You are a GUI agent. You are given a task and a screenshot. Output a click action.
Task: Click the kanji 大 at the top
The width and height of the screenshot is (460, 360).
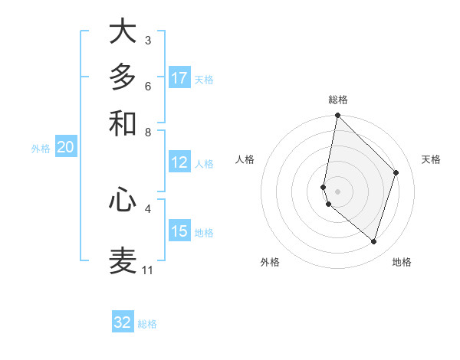pyautogui.click(x=123, y=32)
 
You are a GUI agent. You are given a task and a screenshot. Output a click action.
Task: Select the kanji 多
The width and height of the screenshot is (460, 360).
pyautogui.click(x=123, y=77)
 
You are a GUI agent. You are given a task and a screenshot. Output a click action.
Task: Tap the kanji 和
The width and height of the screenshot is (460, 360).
pyautogui.click(x=123, y=123)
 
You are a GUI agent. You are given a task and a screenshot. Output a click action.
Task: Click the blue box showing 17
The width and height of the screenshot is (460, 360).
pyautogui.click(x=179, y=78)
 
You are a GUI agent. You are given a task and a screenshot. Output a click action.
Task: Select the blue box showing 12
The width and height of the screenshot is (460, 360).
pyautogui.click(x=179, y=162)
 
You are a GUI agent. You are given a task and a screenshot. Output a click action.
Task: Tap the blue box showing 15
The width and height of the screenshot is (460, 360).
pyautogui.click(x=179, y=231)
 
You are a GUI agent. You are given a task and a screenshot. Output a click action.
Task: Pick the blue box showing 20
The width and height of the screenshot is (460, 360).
pyautogui.click(x=65, y=148)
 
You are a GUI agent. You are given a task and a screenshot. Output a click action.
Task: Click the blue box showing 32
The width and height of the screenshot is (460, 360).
pyautogui.click(x=123, y=322)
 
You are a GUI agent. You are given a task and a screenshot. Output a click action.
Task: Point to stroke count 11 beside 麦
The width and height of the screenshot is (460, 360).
pyautogui.click(x=147, y=270)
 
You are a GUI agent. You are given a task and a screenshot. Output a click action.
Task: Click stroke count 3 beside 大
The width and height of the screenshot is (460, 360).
pyautogui.click(x=147, y=40)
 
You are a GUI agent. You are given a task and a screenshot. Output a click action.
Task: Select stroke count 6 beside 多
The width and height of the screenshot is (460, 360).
pyautogui.click(x=147, y=86)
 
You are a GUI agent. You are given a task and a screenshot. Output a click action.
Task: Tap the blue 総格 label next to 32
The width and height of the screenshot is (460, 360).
pyautogui.click(x=147, y=324)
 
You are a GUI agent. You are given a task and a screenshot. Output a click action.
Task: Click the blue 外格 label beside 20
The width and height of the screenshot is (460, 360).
pyautogui.click(x=40, y=149)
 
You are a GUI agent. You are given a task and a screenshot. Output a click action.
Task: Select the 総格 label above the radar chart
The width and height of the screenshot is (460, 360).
pyautogui.click(x=338, y=100)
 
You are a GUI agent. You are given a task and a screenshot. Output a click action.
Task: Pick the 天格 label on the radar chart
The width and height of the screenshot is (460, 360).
pyautogui.click(x=432, y=159)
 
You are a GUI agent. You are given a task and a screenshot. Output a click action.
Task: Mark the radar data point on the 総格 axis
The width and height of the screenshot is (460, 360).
pyautogui.click(x=337, y=116)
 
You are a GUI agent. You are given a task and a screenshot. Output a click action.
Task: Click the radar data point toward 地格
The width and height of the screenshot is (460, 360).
pyautogui.click(x=373, y=241)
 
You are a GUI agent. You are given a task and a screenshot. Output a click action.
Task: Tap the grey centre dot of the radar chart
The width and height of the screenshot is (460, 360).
pyautogui.click(x=337, y=191)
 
